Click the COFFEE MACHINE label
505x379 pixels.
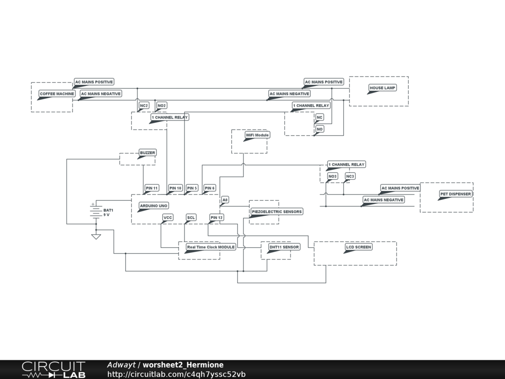coord(57,94)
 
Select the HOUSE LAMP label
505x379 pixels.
coord(383,88)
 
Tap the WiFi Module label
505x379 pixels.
coord(257,135)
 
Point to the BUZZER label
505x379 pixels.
coord(147,153)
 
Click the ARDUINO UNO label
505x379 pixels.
coord(153,205)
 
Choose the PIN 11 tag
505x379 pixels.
coord(152,188)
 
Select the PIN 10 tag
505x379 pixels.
coord(176,188)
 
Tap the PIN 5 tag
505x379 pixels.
coord(192,188)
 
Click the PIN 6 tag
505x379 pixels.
coord(210,188)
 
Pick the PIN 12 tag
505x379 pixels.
coord(216,217)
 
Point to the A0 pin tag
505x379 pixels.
coord(225,200)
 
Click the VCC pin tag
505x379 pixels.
coord(168,217)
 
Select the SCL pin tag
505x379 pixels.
coord(191,217)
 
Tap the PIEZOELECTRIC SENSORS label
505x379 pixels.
coord(277,212)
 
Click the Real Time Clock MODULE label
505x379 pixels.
coord(211,247)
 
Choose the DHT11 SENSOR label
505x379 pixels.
coord(284,247)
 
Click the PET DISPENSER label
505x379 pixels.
coord(455,194)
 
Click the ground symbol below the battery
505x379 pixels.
coord(96,236)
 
